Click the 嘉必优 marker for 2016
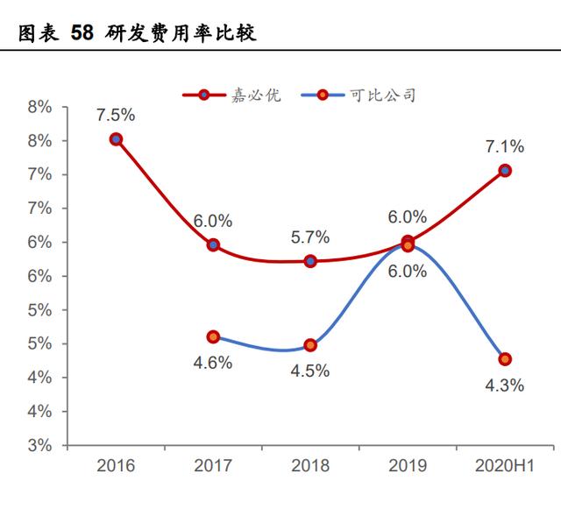click(117, 139)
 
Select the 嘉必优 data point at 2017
click(213, 245)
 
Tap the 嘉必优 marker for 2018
click(310, 261)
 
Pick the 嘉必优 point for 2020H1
click(505, 171)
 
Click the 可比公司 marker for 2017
click(213, 336)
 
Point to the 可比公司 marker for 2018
click(310, 345)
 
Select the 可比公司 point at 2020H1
click(505, 359)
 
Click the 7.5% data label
click(117, 116)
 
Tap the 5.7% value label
click(310, 237)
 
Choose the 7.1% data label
click(505, 146)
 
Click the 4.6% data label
click(213, 362)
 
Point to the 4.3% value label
click(505, 385)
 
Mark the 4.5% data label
click(310, 371)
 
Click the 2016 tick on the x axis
click(117, 465)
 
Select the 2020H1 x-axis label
click(505, 465)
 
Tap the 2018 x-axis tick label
click(310, 465)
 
